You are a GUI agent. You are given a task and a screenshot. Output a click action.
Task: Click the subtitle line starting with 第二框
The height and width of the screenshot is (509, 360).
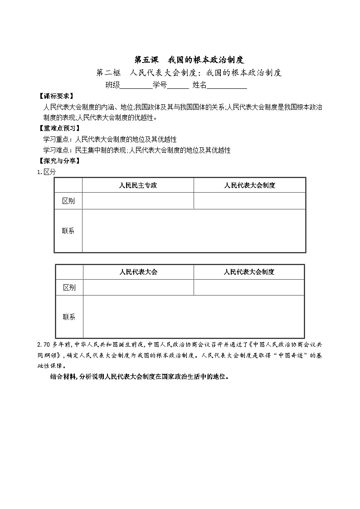[x=190, y=73]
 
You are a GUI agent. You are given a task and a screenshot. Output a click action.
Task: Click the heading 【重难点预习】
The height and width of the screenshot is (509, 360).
[x=59, y=129]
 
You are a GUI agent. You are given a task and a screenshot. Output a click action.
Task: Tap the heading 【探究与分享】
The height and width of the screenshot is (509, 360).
[x=59, y=161]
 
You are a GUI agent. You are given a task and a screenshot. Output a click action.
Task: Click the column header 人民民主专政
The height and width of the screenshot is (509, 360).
[x=138, y=185]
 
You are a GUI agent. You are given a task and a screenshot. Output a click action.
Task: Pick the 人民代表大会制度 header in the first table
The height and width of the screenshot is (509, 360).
[x=249, y=185]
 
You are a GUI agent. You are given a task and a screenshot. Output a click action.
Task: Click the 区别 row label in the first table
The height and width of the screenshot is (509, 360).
[x=68, y=201]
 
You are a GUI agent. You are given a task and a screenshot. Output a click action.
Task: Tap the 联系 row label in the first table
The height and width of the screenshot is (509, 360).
[x=68, y=231]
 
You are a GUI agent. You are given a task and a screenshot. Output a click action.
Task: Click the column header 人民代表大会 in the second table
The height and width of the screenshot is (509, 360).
[x=138, y=272]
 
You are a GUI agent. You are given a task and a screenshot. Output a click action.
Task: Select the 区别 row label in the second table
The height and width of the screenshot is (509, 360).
[x=69, y=287]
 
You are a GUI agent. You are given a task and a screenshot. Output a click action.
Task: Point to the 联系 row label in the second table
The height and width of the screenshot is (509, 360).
[x=69, y=317]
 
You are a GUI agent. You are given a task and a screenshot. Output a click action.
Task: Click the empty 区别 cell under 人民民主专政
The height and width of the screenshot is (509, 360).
[x=138, y=201]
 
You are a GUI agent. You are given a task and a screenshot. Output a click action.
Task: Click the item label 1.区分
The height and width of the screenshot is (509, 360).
[x=46, y=172]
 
